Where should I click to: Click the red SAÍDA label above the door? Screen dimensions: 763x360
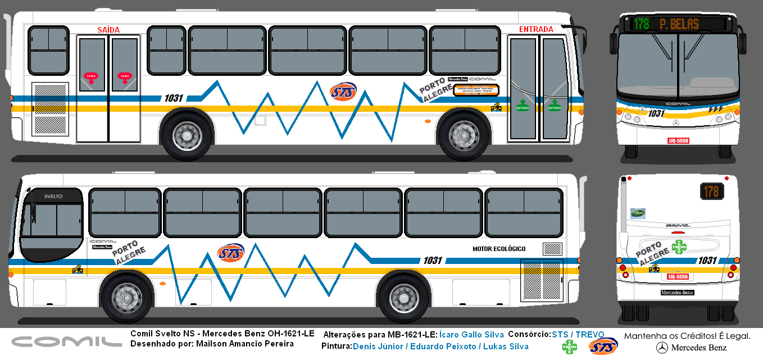[108, 29]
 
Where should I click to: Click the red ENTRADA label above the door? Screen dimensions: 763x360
[536, 29]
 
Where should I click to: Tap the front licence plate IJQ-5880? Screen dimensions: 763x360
[678, 140]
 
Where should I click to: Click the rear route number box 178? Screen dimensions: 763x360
[711, 192]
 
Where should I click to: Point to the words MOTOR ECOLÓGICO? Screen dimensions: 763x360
[499, 249]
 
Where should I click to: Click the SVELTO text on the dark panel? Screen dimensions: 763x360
[53, 196]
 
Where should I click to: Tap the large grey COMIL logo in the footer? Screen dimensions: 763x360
[67, 341]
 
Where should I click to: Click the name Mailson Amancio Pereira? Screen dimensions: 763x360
[245, 344]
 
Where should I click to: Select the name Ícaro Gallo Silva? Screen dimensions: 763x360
[471, 335]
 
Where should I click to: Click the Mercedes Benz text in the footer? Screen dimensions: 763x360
[702, 348]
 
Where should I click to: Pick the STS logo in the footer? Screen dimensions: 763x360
[603, 347]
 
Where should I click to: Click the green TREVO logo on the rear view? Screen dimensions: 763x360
[679, 247]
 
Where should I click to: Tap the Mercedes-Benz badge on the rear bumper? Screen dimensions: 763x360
[677, 293]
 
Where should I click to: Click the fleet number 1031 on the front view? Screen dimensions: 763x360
[656, 113]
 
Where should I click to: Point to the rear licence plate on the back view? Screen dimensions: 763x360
[678, 276]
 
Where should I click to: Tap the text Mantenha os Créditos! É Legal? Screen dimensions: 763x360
[687, 336]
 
